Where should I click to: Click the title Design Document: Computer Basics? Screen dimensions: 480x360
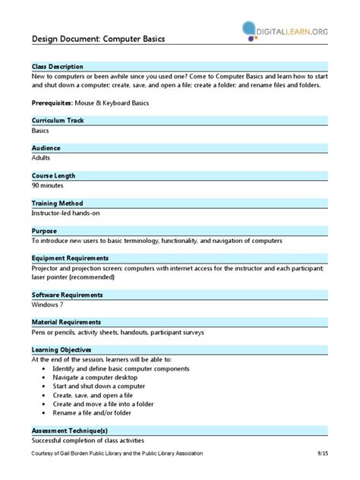98,39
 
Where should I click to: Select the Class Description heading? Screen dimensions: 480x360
58,67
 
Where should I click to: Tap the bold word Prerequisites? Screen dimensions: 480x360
56,102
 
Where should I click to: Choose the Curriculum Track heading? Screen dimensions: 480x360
58,121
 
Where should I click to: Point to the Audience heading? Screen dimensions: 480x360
46,148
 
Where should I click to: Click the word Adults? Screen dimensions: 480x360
42,157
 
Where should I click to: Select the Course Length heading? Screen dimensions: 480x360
53,175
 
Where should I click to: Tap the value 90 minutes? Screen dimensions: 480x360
48,185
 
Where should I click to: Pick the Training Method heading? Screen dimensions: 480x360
57,204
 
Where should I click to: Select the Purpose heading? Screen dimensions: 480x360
44,231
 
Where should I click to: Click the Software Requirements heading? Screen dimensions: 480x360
68,295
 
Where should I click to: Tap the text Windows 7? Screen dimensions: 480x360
48,304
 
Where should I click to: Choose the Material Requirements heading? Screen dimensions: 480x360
66,322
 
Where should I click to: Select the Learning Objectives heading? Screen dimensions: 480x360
62,350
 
